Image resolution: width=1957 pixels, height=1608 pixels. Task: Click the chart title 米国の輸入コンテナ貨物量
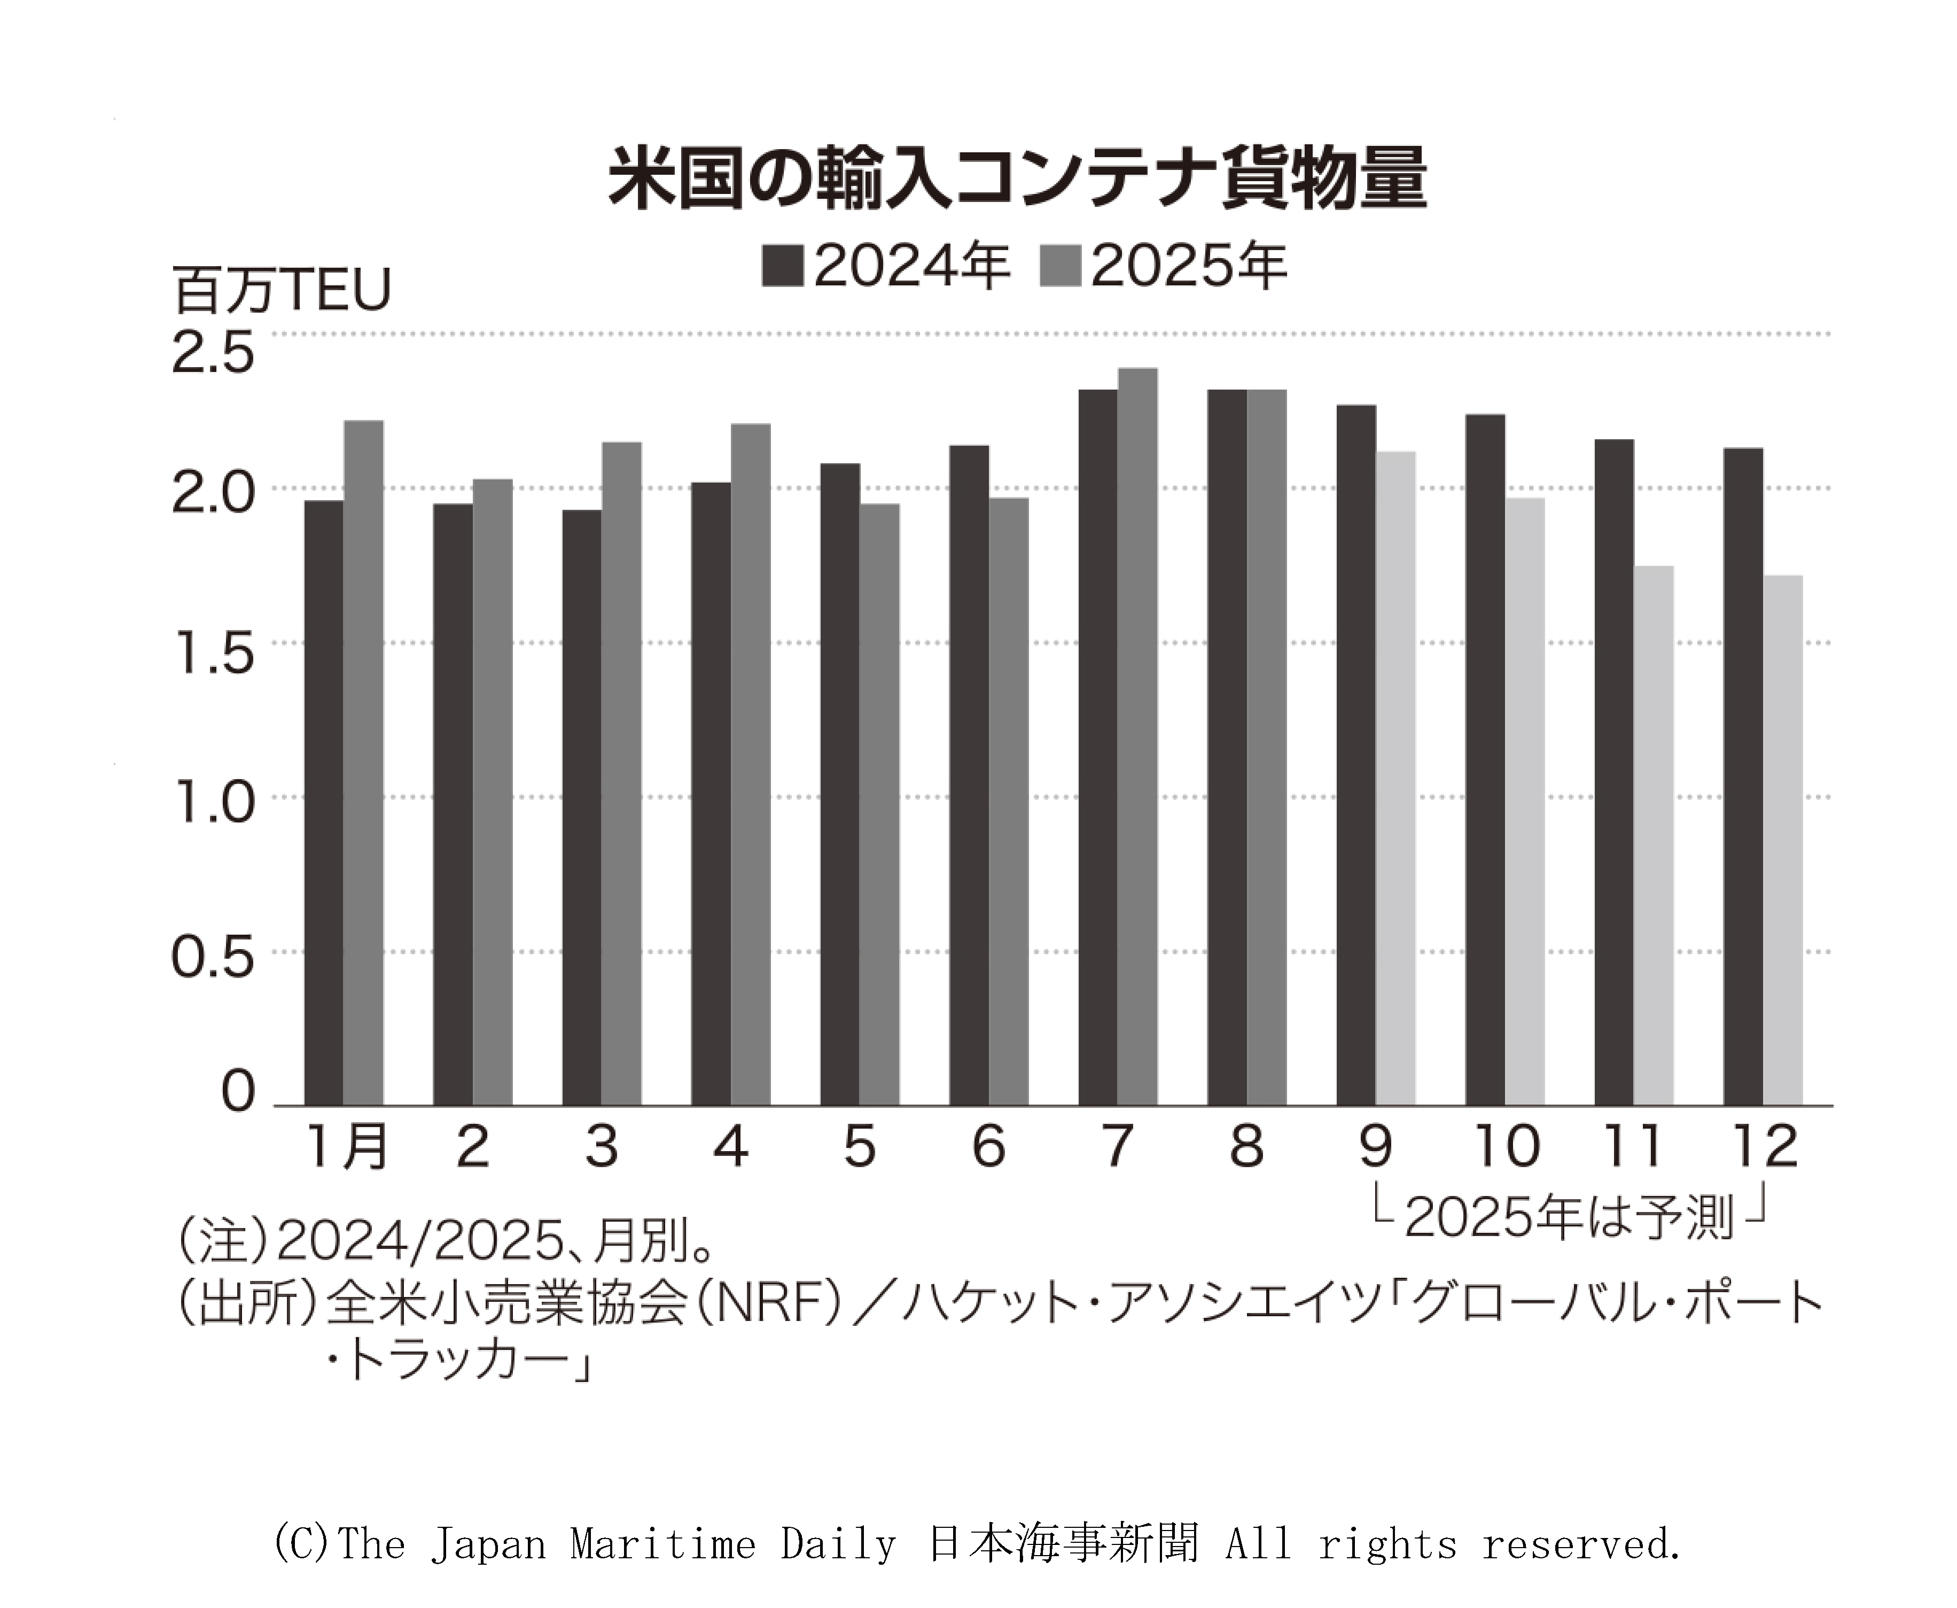1016,178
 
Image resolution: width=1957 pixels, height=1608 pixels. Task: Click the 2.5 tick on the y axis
213,354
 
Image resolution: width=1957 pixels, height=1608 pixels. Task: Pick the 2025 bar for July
1137,736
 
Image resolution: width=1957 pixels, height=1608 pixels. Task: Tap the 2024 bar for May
839,783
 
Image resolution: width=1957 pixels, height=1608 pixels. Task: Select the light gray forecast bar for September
1395,778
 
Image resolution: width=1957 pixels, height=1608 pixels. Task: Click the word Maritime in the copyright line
662,1544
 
